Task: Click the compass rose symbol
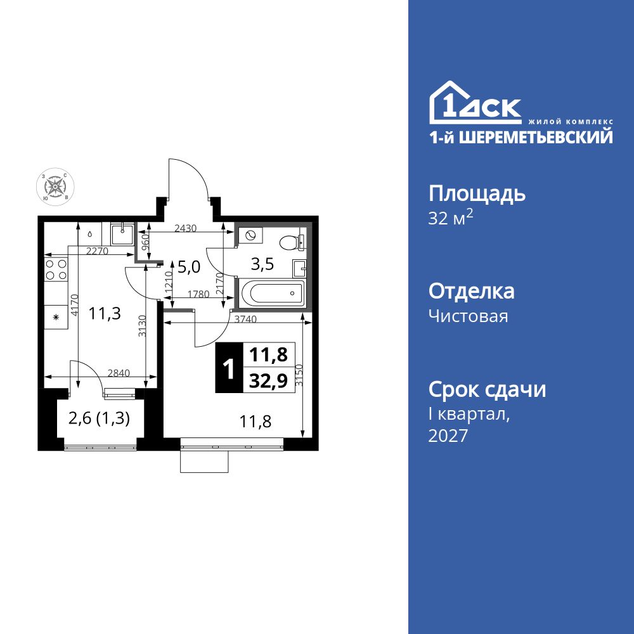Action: click(56, 187)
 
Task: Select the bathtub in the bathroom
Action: click(270, 293)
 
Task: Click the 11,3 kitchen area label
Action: click(105, 314)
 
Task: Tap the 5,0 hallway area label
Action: click(188, 267)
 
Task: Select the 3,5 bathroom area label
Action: click(263, 264)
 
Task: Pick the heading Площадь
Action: click(477, 193)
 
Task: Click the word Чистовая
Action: click(468, 316)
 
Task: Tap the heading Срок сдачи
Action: click(487, 389)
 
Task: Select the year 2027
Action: click(448, 436)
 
